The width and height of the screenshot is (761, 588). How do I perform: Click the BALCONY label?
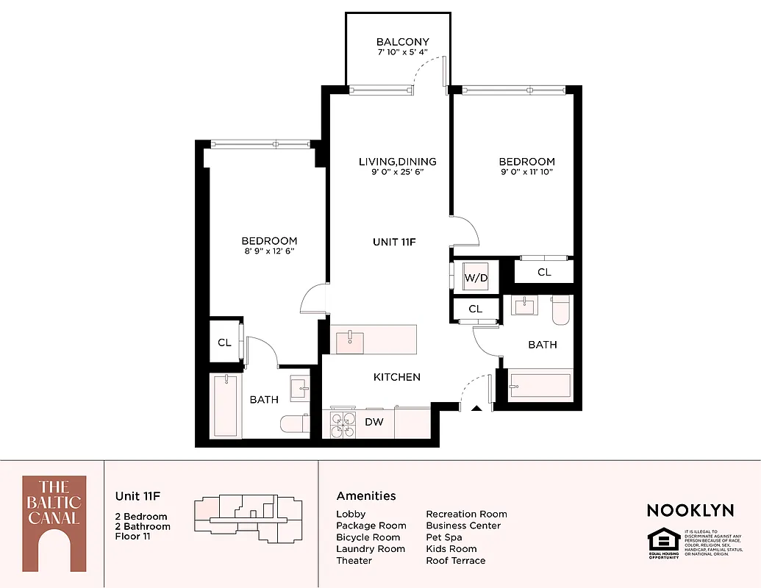[402, 42]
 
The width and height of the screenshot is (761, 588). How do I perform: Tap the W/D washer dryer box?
[476, 277]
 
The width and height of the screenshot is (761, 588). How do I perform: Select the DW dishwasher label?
[374, 422]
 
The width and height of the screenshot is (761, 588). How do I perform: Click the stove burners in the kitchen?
[340, 423]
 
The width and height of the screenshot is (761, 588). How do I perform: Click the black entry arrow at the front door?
[476, 409]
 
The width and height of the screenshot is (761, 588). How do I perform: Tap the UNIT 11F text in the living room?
[394, 241]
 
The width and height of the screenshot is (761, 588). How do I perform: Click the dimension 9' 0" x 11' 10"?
[526, 173]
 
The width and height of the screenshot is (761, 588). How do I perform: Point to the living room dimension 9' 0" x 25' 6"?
[397, 173]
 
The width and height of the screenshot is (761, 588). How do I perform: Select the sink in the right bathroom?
[525, 305]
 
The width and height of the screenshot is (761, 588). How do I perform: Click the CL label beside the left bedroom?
[224, 343]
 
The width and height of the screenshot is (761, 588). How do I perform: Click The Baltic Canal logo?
[54, 523]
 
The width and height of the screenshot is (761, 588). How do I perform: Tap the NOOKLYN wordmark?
[690, 510]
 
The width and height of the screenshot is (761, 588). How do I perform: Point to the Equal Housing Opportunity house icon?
[664, 541]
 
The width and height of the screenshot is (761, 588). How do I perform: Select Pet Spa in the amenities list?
[444, 537]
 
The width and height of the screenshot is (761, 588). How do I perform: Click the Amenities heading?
[366, 496]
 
